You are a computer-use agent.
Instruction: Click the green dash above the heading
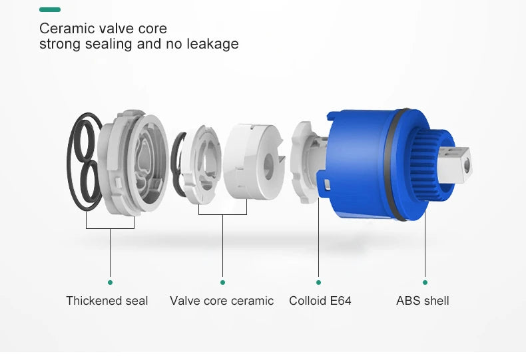click(50, 9)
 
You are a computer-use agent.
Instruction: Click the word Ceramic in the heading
click(63, 29)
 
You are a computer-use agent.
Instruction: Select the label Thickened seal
click(107, 301)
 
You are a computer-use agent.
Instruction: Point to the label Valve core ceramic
click(222, 301)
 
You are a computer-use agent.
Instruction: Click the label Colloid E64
click(320, 301)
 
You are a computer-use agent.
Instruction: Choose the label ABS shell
click(423, 301)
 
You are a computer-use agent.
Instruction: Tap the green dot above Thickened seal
click(110, 282)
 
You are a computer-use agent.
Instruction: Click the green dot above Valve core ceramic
click(223, 282)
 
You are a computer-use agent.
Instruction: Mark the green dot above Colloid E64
click(318, 282)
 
